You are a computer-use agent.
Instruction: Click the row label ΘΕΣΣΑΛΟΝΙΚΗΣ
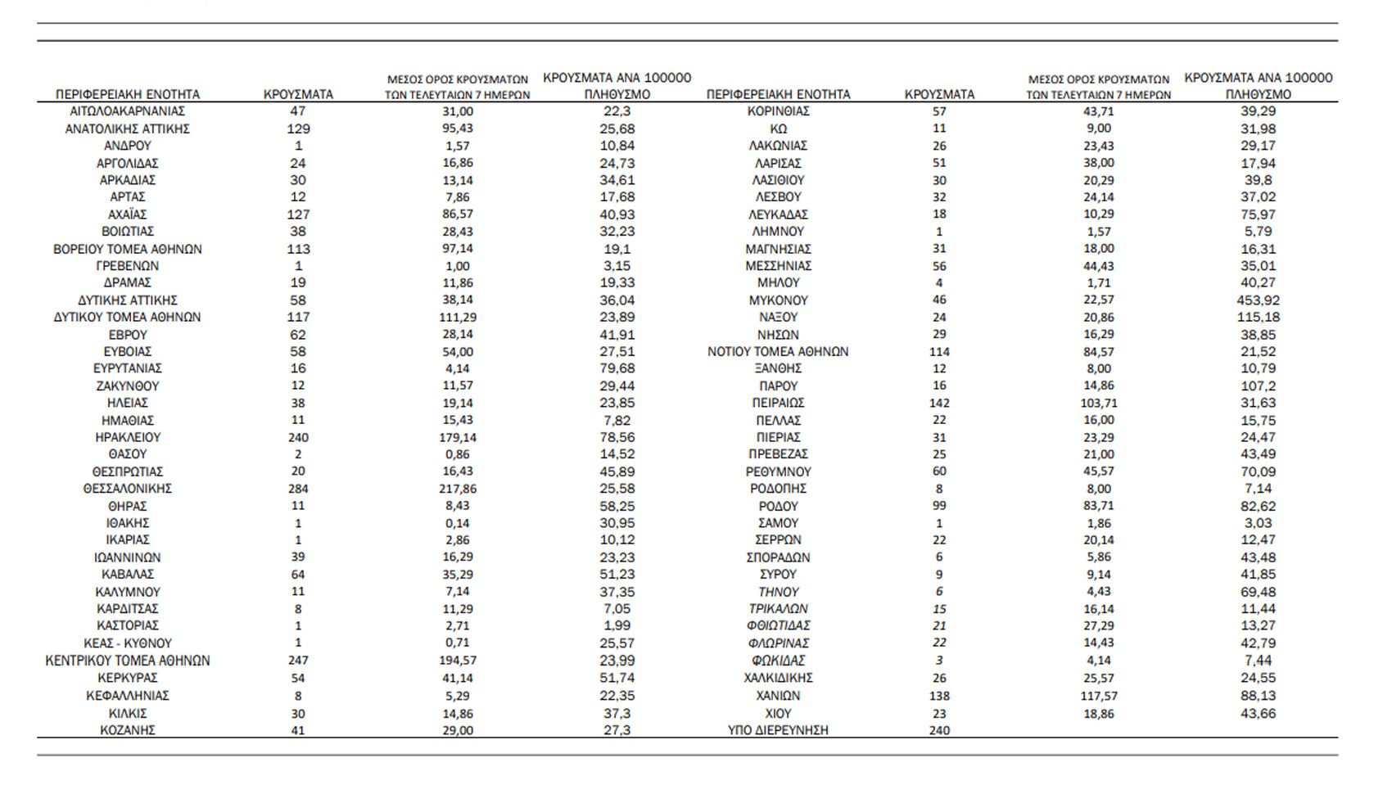coord(128,489)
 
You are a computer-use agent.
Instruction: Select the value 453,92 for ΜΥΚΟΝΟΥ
coord(1258,300)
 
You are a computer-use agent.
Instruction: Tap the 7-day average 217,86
coord(457,489)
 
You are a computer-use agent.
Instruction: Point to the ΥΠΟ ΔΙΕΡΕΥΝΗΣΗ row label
coord(778,730)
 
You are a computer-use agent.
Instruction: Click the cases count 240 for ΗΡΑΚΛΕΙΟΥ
coord(298,437)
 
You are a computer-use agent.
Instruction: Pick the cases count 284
coord(298,489)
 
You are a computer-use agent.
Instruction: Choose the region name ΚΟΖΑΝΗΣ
coord(128,730)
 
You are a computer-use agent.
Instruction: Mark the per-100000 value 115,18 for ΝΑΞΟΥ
coord(1258,318)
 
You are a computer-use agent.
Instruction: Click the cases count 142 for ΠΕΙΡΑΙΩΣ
coord(939,403)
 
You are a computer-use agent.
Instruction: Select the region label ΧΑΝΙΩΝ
coord(778,696)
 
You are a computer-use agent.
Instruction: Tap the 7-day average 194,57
coord(457,661)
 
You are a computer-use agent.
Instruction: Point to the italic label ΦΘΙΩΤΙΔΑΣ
coord(778,626)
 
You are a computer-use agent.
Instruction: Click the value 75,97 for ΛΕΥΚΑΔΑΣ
coord(1258,214)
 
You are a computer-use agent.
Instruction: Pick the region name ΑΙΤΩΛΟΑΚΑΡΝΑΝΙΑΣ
coord(128,111)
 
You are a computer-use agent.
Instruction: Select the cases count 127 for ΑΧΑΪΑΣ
coord(298,214)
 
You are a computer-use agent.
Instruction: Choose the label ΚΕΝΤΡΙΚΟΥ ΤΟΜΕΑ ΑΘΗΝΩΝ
coord(128,661)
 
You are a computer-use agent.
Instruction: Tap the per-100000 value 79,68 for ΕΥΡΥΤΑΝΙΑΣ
coord(617,368)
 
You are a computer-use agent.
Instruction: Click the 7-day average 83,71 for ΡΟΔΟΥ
coord(1098,506)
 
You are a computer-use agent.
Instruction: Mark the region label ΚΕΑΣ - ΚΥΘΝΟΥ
coord(128,643)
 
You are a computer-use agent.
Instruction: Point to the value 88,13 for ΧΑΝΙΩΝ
coord(1258,696)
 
